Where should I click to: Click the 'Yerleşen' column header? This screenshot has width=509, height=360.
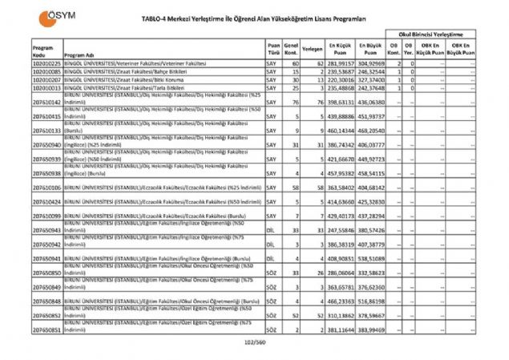tap(313, 49)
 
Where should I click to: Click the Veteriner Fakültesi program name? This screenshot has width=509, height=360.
tap(151, 62)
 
